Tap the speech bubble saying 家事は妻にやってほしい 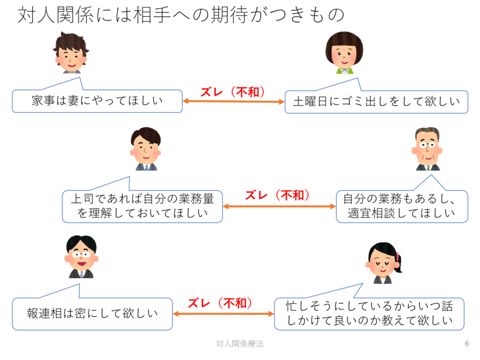(97, 101)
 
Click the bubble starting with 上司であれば (142, 206)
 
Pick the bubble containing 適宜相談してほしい (402, 206)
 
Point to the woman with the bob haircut (344, 52)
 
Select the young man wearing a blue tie (145, 149)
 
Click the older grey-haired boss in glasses (427, 149)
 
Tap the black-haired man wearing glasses (81, 257)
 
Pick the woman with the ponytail (383, 263)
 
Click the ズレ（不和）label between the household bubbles (233, 92)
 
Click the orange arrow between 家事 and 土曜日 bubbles (233, 101)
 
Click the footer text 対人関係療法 (240, 344)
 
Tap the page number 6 (466, 344)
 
